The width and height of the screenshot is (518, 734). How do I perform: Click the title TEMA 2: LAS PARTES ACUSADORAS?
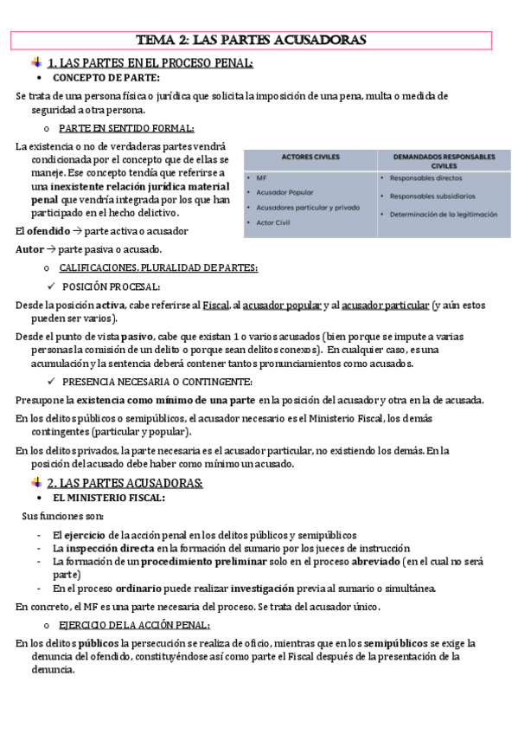(252, 40)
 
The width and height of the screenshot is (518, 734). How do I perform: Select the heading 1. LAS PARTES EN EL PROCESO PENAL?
(150, 62)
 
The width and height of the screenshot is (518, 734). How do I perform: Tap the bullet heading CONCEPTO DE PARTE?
(106, 78)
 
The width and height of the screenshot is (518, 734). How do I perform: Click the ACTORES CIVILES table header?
(310, 158)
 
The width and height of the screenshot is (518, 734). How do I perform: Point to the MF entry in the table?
(261, 178)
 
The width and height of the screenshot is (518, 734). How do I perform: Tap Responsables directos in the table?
(425, 178)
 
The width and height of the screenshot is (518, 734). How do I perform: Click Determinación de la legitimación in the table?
(444, 214)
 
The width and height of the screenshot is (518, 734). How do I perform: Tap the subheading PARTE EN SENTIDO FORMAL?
(126, 127)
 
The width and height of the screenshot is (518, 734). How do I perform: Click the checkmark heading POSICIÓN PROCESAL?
(111, 287)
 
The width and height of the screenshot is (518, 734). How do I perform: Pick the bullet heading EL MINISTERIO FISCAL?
(109, 499)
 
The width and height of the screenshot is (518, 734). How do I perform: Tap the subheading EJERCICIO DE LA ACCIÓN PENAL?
(134, 625)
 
